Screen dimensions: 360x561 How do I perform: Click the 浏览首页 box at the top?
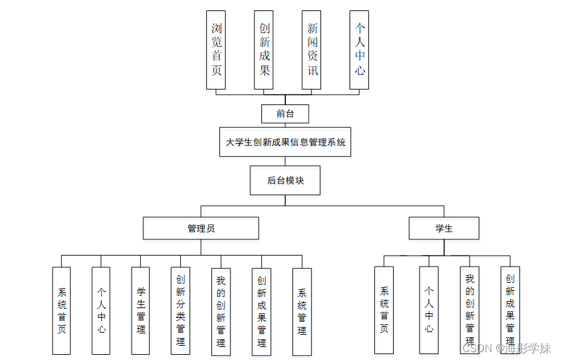coord(216,49)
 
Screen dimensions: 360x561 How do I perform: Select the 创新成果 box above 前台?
coord(264,49)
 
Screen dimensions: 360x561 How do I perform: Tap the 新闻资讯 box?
coord(312,49)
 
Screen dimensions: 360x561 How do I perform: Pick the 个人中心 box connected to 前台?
coord(359,49)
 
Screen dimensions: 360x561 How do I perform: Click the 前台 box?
coord(285,114)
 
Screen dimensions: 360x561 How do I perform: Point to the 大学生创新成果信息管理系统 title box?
coord(285,142)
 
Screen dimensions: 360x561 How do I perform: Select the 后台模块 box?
coord(285,180)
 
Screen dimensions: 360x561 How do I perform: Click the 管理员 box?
coord(201,228)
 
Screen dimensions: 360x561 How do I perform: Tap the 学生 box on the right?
coord(444,228)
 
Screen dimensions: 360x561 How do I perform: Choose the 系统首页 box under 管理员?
coord(62,311)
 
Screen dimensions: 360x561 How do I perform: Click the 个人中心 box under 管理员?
coord(101,311)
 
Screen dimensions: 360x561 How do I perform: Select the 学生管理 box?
coord(141,311)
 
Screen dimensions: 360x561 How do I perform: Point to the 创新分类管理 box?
coord(181,311)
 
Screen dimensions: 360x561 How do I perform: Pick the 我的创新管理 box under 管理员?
coord(221,311)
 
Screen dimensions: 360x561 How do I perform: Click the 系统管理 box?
coord(302,311)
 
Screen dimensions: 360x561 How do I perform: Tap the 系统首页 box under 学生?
coord(384,310)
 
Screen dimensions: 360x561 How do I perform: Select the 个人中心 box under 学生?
coord(429,310)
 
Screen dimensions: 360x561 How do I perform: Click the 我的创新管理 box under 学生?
coord(470,310)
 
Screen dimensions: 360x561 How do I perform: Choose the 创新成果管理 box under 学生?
coord(510,310)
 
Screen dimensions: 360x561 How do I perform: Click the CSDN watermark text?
coord(477,348)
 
